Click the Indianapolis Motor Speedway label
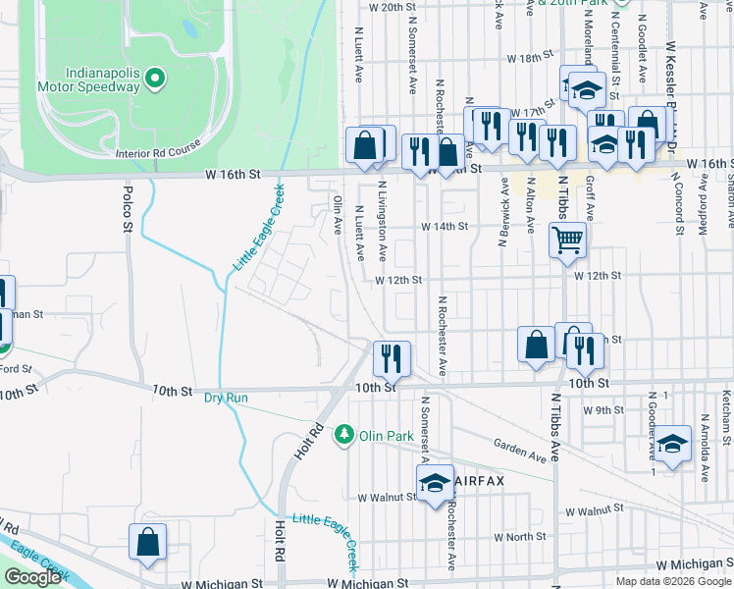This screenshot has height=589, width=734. tap(102, 80)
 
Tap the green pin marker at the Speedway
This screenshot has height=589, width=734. tap(155, 79)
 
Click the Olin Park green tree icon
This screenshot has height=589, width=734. tap(343, 433)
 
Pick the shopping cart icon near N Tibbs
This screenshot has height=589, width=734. tap(568, 239)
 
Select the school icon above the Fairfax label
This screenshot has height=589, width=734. tap(434, 483)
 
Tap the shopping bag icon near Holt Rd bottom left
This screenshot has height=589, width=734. tap(147, 542)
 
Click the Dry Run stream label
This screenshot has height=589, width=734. tap(227, 398)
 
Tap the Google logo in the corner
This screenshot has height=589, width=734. tap(32, 577)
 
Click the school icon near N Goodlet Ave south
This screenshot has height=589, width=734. tap(673, 444)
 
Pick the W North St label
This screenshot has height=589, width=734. tap(520, 537)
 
